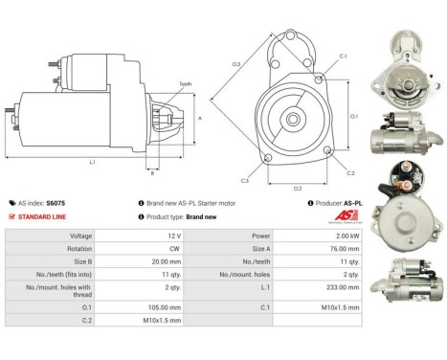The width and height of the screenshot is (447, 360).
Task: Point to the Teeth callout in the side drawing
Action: pos(186,84)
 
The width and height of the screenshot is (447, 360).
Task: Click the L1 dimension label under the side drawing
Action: pos(92,163)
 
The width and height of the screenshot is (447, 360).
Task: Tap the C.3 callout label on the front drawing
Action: pos(245,180)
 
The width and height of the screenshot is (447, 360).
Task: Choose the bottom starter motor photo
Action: pos(411,279)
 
